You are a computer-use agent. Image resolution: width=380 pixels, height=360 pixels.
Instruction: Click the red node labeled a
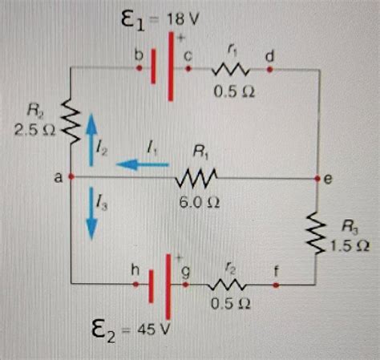[71, 176]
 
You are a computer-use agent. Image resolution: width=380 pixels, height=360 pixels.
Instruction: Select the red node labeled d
[270, 70]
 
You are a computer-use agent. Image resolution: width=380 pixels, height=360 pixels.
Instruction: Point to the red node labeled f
[277, 284]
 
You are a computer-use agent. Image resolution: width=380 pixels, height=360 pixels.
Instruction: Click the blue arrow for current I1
[144, 164]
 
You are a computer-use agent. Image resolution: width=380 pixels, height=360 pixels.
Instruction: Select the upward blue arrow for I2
[90, 131]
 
